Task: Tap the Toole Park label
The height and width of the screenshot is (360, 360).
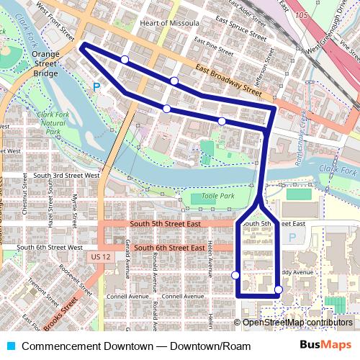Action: click(220, 196)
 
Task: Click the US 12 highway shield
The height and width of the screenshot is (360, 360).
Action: click(99, 257)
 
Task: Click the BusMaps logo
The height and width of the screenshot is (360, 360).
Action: click(325, 346)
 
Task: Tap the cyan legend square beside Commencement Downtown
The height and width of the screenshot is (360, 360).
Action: click(9, 346)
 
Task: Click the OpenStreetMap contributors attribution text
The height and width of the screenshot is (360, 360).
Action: click(297, 323)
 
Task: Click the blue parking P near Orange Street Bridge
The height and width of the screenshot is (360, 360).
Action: click(96, 87)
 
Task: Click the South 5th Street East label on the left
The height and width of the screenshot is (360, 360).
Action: click(165, 224)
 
